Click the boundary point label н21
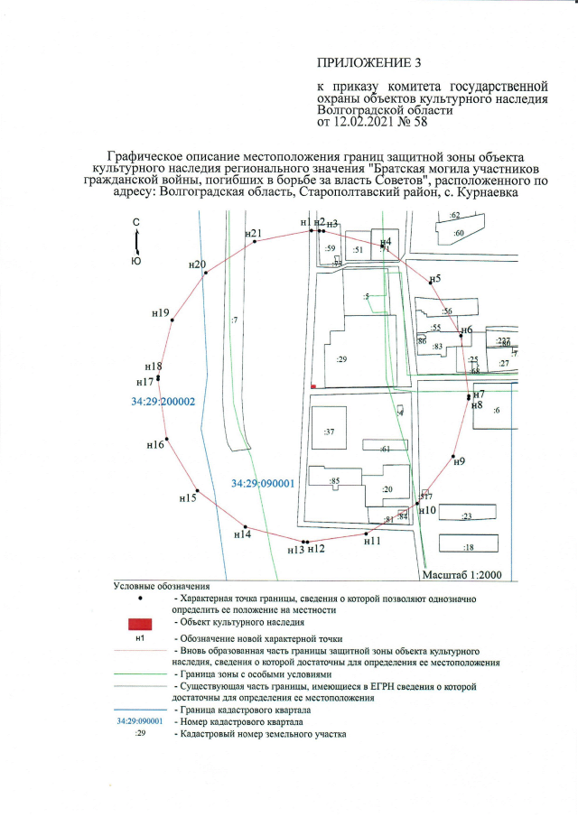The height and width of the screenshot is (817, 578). (254, 234)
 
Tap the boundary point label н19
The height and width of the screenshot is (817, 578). (161, 313)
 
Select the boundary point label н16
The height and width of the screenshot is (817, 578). (155, 445)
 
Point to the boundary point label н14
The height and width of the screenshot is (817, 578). (242, 535)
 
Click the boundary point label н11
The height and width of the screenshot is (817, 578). (372, 542)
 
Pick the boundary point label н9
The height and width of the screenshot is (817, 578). (459, 462)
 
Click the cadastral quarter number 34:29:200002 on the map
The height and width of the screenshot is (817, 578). (163, 402)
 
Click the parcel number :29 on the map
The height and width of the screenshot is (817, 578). (341, 359)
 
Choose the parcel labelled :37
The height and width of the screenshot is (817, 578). (330, 432)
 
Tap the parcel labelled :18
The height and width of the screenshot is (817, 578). (468, 548)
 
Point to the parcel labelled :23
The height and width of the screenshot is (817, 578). (467, 516)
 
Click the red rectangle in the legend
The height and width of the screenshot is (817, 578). (139, 623)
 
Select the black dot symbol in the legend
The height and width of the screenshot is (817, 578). (139, 598)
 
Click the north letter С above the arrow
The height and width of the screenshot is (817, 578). (135, 222)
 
